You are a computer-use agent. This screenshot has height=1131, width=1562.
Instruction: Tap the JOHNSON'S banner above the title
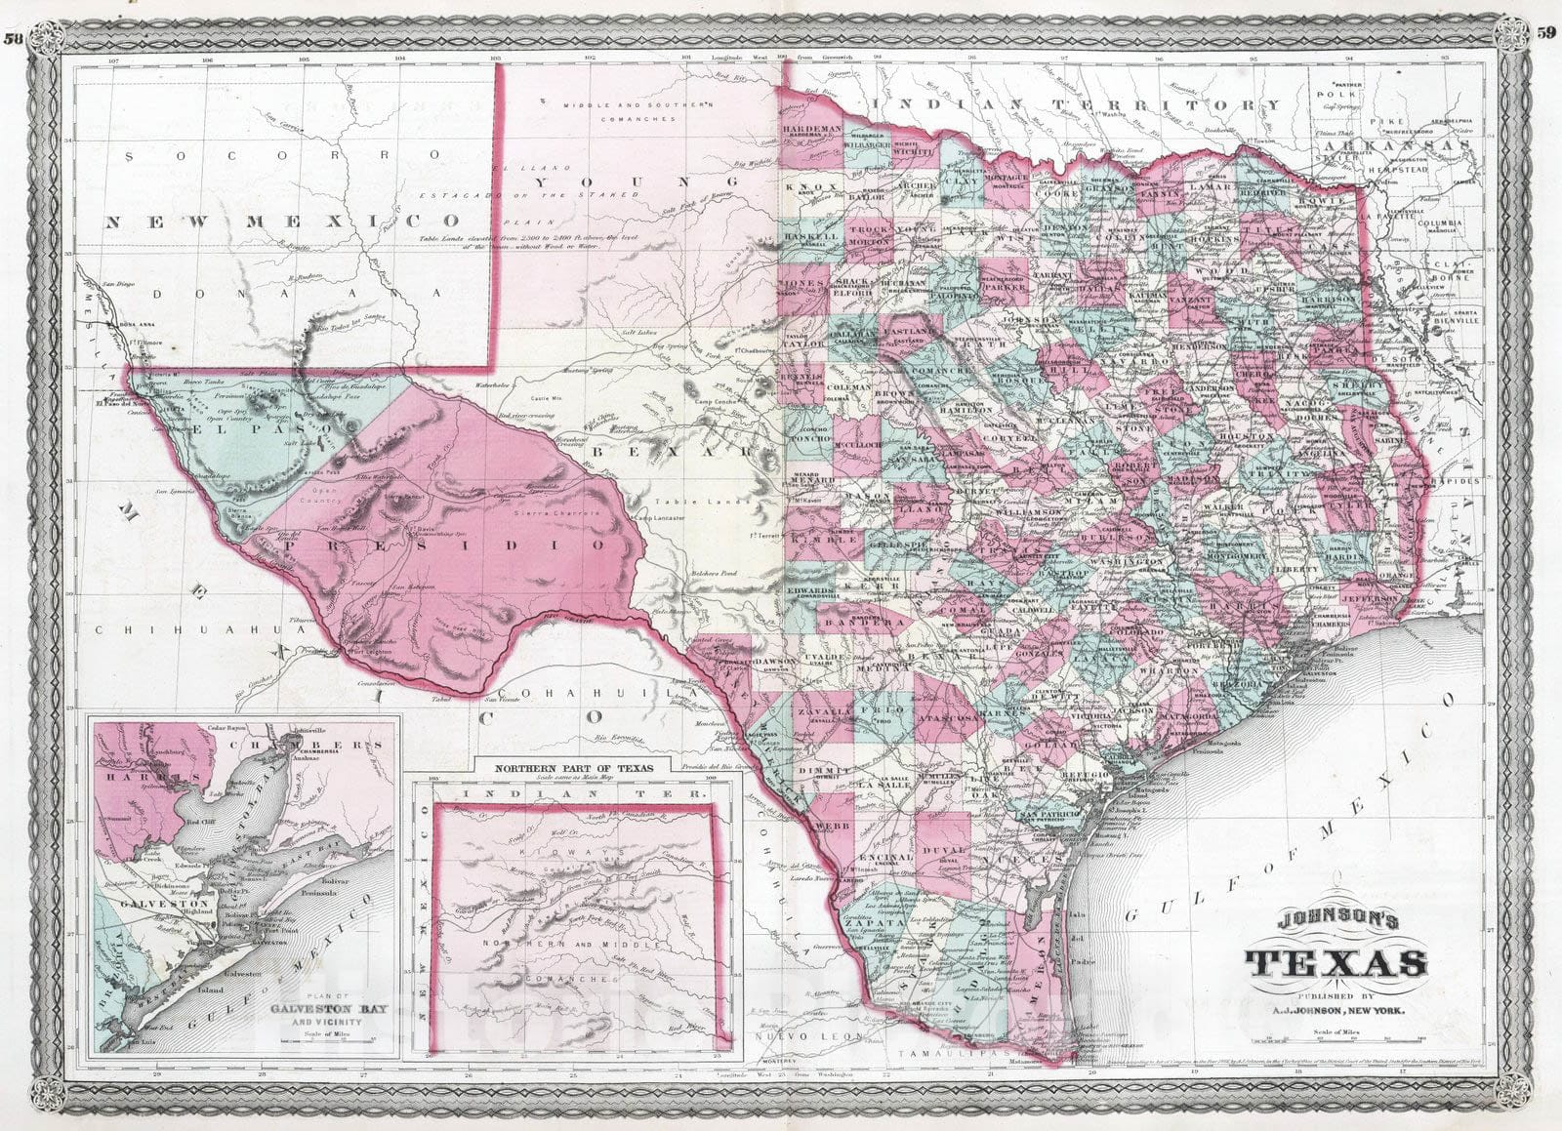pos(1336,920)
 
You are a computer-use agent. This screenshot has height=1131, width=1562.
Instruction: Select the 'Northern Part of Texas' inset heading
pos(572,767)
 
